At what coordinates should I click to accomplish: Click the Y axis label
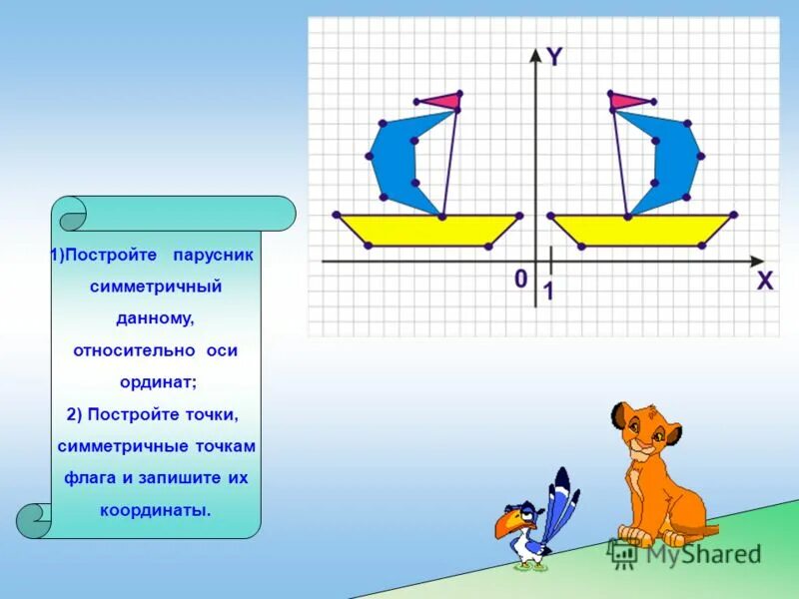point(553,57)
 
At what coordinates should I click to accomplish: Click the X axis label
point(764,282)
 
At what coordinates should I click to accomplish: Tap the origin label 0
point(520,279)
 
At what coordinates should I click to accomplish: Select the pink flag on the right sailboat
point(628,99)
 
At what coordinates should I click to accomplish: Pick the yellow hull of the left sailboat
point(429,230)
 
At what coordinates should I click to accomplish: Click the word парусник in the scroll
point(213,255)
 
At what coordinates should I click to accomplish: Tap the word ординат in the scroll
point(156,382)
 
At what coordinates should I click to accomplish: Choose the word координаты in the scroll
point(155,509)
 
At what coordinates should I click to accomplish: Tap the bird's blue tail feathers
point(561,499)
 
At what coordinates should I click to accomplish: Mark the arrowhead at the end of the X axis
point(755,262)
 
